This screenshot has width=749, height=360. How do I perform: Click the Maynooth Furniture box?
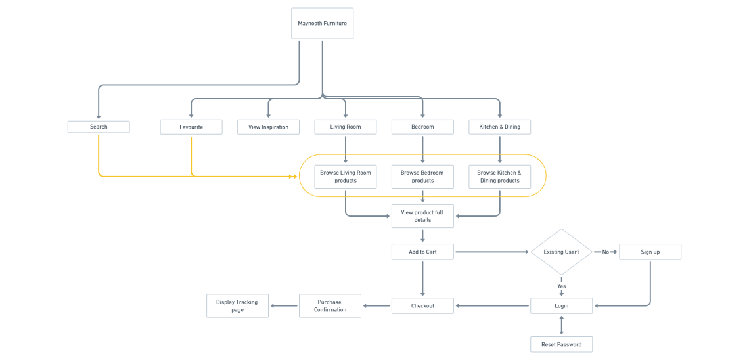tap(322, 24)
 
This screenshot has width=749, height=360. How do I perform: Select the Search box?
tap(99, 127)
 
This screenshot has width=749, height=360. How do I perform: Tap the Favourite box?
tap(191, 127)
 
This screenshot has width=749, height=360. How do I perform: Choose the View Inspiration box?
tap(268, 127)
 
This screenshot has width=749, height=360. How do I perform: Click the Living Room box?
tap(346, 127)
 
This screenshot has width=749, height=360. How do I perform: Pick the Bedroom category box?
tap(422, 127)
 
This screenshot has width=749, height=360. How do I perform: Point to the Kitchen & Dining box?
tap(499, 127)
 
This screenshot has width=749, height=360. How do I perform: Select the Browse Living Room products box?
tap(346, 177)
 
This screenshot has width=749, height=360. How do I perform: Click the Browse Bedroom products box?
tap(422, 177)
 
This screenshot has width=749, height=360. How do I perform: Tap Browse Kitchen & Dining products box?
tap(499, 177)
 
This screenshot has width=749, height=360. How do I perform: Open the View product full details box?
tap(422, 216)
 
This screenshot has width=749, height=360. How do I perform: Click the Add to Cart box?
tap(422, 252)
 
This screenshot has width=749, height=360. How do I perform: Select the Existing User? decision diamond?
tap(561, 252)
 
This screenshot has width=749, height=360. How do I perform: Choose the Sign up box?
tap(650, 252)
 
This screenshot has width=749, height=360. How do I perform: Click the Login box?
tap(561, 305)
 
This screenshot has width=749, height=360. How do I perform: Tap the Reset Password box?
tap(561, 344)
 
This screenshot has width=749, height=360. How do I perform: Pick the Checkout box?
tap(422, 305)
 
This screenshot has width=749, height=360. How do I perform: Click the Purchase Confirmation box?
tap(330, 305)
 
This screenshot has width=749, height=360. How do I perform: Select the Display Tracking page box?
tap(237, 305)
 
